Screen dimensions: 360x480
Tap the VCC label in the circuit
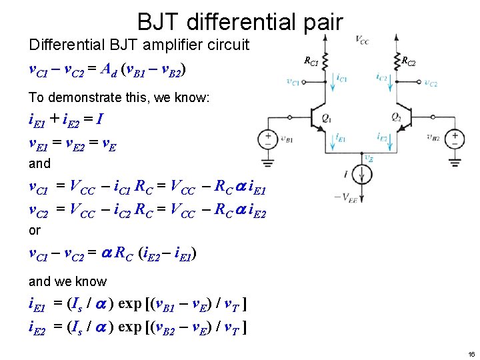pyautogui.click(x=362, y=41)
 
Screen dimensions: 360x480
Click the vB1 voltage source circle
pyautogui.click(x=268, y=139)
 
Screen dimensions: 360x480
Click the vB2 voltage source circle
pyautogui.click(x=455, y=139)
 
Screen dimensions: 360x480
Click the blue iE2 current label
pyautogui.click(x=382, y=137)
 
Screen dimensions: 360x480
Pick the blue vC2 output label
pyautogui.click(x=431, y=83)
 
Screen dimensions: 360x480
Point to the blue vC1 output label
pyautogui.click(x=293, y=82)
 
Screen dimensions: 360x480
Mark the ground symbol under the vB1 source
pyautogui.click(x=268, y=161)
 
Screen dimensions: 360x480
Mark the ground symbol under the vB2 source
pyautogui.click(x=455, y=161)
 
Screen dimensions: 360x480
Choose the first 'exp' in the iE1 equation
pyautogui.click(x=129, y=305)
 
